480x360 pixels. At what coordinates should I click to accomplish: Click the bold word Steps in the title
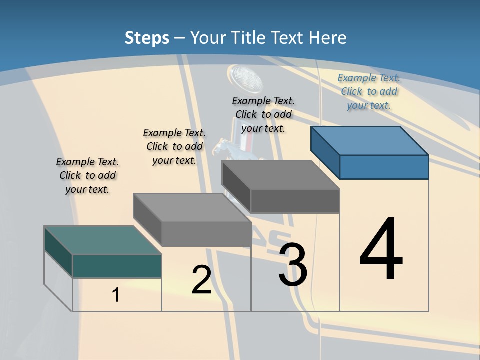click(x=147, y=38)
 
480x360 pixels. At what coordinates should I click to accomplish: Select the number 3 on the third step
click(x=293, y=265)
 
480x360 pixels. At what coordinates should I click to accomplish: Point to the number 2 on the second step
click(x=201, y=279)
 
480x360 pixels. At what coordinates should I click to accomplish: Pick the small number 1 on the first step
click(x=116, y=295)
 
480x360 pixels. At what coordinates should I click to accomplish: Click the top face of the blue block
click(x=369, y=140)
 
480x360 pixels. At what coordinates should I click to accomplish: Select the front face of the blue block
click(x=384, y=167)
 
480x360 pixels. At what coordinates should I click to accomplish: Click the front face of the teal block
click(x=117, y=266)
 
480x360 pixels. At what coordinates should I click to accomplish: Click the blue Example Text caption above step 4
click(x=369, y=91)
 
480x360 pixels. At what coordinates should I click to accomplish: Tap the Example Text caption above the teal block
click(x=87, y=175)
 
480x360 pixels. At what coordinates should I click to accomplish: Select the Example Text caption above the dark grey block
click(x=263, y=114)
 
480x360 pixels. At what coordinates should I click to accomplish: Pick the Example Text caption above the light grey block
click(x=174, y=146)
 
